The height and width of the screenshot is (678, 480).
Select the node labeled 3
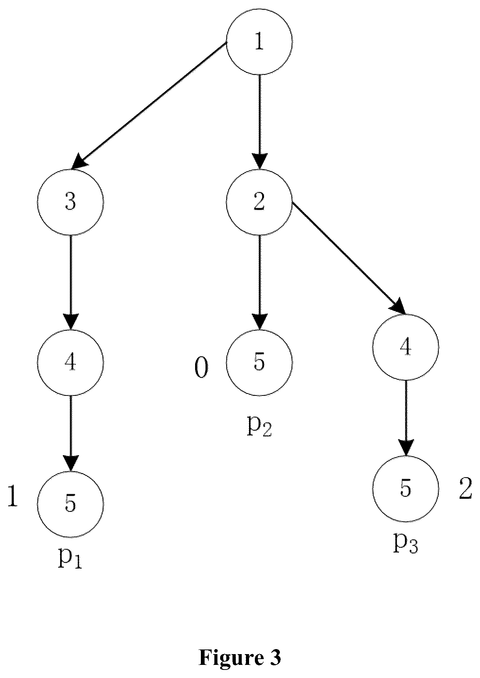71,202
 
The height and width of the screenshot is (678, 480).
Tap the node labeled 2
259,202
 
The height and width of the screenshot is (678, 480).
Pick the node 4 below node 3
71,362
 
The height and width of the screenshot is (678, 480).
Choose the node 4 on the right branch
405,347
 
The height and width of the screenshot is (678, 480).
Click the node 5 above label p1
71,503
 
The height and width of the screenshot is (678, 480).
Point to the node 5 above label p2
259,362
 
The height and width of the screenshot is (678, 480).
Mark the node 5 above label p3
405,488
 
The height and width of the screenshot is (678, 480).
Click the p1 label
70,560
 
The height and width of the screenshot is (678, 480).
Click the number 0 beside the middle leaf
201,368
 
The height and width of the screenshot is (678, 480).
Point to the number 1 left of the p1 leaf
13,496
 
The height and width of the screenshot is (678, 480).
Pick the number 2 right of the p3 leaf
465,489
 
